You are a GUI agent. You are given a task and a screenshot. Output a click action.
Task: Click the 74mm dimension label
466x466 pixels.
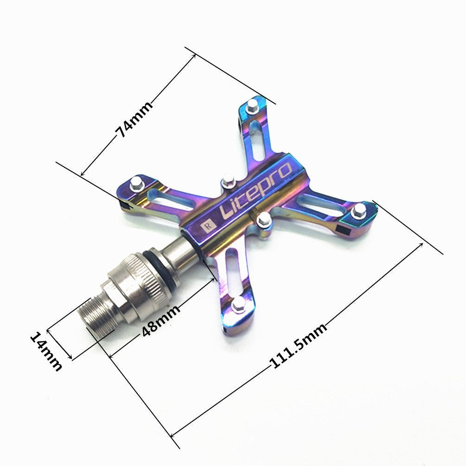(x=134, y=119)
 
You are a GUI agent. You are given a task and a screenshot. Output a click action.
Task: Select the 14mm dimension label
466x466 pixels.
(x=46, y=351)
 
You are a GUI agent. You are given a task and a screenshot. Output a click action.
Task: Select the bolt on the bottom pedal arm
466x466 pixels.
(x=239, y=303)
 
